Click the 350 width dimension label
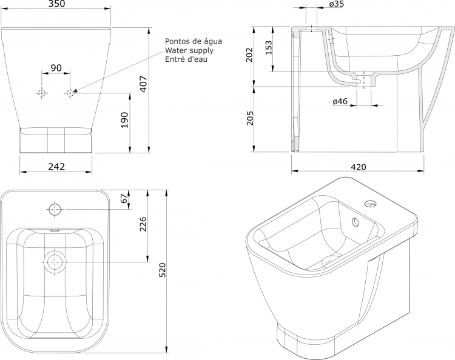(56, 4)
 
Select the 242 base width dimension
(56, 167)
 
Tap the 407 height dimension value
(144, 84)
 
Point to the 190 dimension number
(124, 120)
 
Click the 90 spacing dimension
(56, 68)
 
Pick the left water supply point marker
(42, 93)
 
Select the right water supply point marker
(70, 93)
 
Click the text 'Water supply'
(189, 50)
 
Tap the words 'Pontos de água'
(194, 41)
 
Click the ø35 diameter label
(337, 4)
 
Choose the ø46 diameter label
(340, 101)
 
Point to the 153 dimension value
(269, 47)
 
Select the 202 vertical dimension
(249, 55)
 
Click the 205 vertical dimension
(250, 118)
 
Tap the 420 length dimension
(359, 167)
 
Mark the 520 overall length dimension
(163, 270)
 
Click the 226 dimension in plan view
(143, 224)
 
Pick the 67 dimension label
(124, 199)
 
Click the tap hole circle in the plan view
(55, 209)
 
